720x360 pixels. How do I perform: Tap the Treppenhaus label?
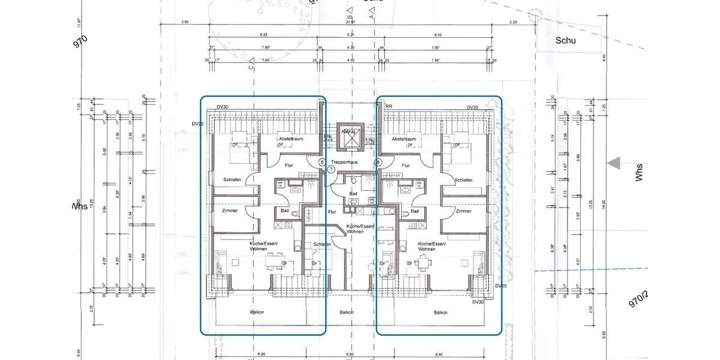(352, 162)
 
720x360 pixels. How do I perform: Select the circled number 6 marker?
(322, 162)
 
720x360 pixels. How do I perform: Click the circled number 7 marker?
(331, 170)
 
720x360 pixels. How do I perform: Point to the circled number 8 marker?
(378, 162)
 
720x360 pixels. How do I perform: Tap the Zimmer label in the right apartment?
(463, 211)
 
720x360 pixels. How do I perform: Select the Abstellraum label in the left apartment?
(290, 139)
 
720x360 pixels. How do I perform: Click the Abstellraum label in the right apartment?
(404, 139)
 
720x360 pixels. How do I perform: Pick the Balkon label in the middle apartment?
(346, 312)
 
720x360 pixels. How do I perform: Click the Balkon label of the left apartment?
(257, 312)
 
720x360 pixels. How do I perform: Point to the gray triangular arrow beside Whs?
(613, 163)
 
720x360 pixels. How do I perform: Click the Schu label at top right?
(565, 40)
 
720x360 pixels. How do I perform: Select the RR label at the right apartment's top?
(389, 107)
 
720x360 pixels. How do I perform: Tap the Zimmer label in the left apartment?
(230, 211)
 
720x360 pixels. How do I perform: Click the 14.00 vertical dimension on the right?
(604, 204)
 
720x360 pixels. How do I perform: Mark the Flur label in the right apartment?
(406, 166)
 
